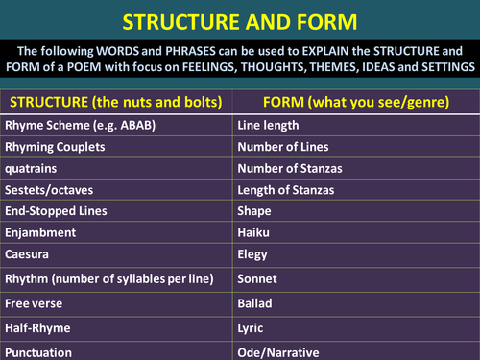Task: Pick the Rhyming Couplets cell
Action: (56, 146)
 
